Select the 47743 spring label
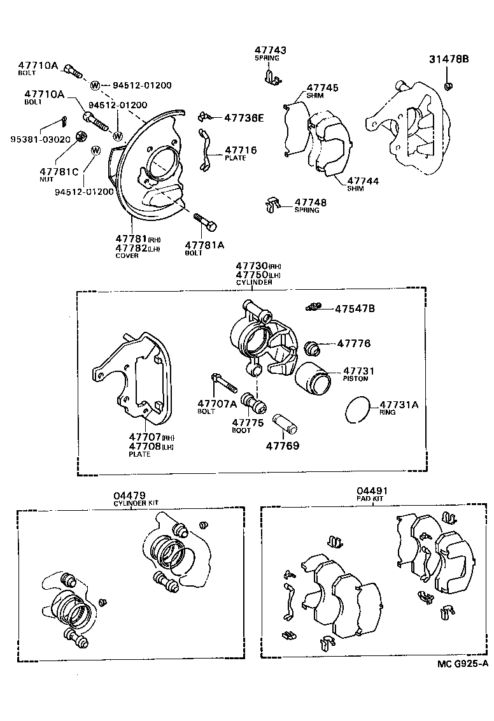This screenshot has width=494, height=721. pos(271,50)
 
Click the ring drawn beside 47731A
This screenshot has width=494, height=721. pos(358,409)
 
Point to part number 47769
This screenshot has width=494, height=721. pos(283,446)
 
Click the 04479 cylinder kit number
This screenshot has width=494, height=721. pos(131,496)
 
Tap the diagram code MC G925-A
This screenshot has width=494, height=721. pos(463,664)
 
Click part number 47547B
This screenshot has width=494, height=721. pos(355,309)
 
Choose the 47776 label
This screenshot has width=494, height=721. pos(353,343)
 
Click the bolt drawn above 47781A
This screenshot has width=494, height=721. pos(205,221)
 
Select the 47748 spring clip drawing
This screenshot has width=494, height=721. pos(272,204)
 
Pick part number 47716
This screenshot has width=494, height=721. pos(241,150)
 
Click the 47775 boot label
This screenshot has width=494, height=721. pos(244,422)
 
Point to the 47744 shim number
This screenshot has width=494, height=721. pos(363,181)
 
